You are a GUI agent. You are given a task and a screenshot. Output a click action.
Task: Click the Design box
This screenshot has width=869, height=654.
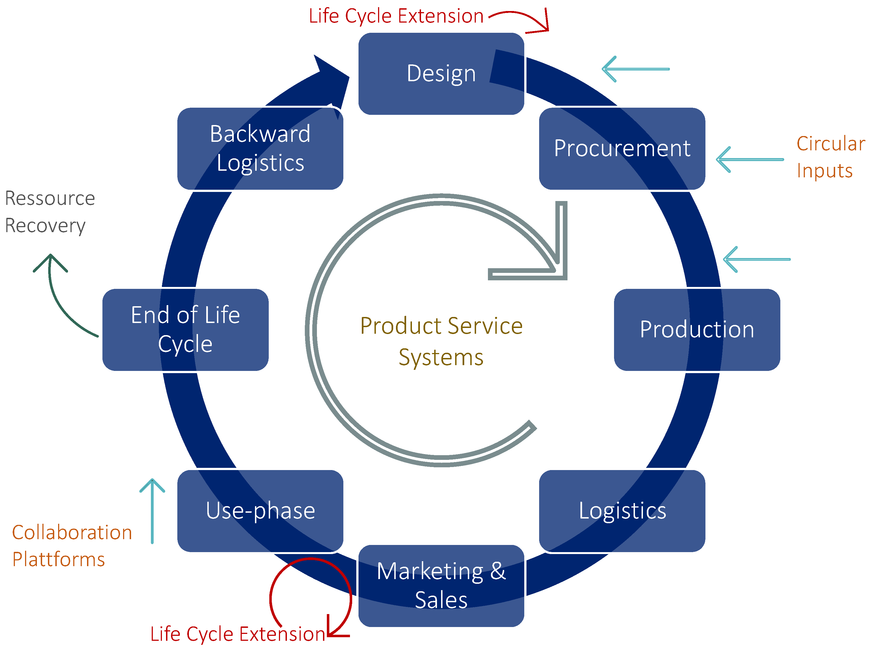tap(441, 74)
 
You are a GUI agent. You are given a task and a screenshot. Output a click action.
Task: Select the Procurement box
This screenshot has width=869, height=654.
tap(622, 148)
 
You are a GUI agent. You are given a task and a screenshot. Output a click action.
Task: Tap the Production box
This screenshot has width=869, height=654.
tap(697, 330)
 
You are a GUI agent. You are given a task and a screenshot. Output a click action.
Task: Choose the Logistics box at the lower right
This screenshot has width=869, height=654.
tap(622, 511)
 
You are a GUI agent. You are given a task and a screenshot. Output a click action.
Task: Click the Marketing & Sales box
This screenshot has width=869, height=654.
tap(441, 585)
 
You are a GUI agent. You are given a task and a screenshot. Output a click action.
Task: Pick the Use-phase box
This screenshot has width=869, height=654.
tap(260, 511)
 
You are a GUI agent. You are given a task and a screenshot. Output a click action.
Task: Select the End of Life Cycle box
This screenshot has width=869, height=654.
tap(185, 330)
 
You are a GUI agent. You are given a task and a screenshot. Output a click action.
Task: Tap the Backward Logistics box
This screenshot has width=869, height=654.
tap(260, 148)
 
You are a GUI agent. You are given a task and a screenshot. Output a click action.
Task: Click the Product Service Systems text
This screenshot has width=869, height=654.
tap(441, 341)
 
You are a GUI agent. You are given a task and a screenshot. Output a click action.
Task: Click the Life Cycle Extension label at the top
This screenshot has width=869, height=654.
tap(396, 17)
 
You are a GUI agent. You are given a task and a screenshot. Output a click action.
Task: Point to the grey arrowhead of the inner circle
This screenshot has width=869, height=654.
tap(550, 259)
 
